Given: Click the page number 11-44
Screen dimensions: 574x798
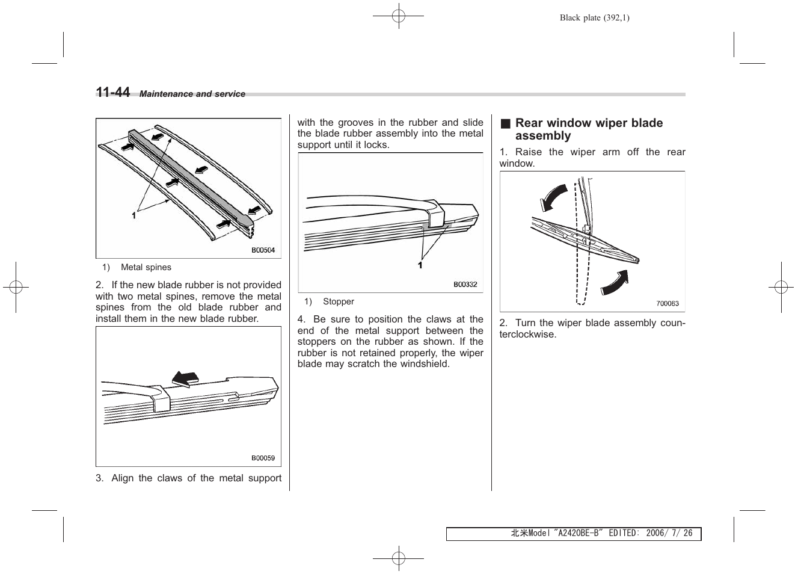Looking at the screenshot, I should [112, 92].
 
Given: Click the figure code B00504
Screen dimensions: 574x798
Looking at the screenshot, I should [263, 250].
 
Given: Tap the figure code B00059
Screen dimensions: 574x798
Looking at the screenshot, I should [263, 458].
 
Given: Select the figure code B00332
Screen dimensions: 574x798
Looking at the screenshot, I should [465, 284].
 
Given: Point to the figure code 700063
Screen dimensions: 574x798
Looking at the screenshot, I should [667, 303].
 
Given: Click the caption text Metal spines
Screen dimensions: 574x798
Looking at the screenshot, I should [146, 267].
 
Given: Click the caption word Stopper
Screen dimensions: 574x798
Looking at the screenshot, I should [339, 301].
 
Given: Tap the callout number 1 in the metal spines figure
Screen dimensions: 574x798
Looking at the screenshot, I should [134, 215].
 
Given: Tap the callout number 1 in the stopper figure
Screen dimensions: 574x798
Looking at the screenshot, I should [420, 265].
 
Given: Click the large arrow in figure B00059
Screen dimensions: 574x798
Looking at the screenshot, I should [185, 378].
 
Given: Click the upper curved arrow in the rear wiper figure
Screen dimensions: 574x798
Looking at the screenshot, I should [553, 197].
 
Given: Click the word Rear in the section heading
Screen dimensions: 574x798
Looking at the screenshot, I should [529, 123].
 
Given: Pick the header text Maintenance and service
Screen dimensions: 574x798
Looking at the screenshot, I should [192, 94].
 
